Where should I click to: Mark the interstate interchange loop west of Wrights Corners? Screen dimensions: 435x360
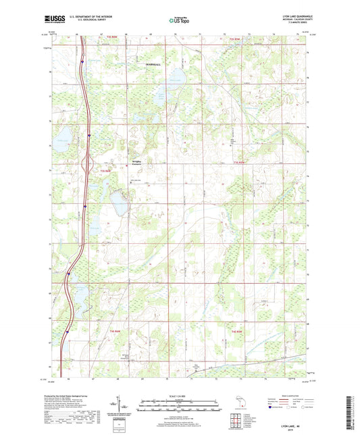point(85,162)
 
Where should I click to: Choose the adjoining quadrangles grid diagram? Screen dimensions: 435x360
point(237,421)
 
